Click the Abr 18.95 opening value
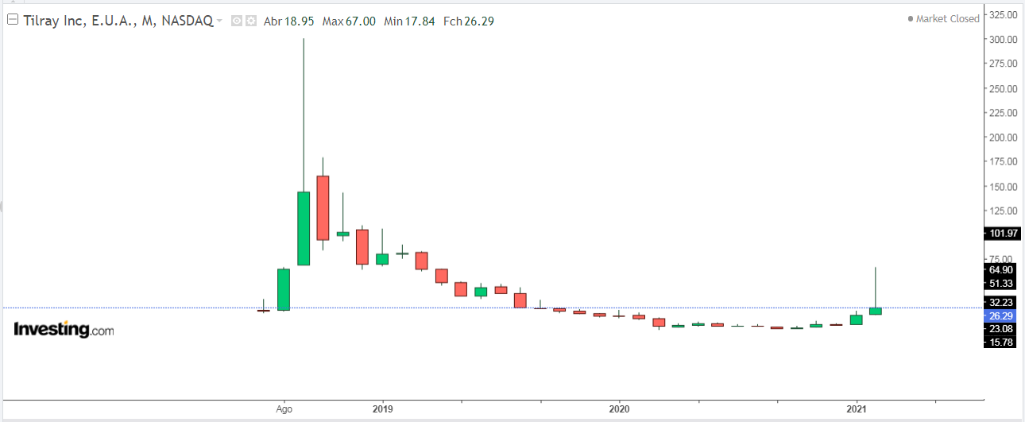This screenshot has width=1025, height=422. tap(284, 21)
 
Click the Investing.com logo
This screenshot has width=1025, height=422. tap(64, 330)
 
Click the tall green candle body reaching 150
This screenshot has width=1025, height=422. tap(304, 228)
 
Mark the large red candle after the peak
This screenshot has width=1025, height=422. tap(323, 207)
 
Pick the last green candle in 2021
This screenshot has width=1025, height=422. tap(876, 311)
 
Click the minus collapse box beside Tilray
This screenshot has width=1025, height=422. tap(12, 21)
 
